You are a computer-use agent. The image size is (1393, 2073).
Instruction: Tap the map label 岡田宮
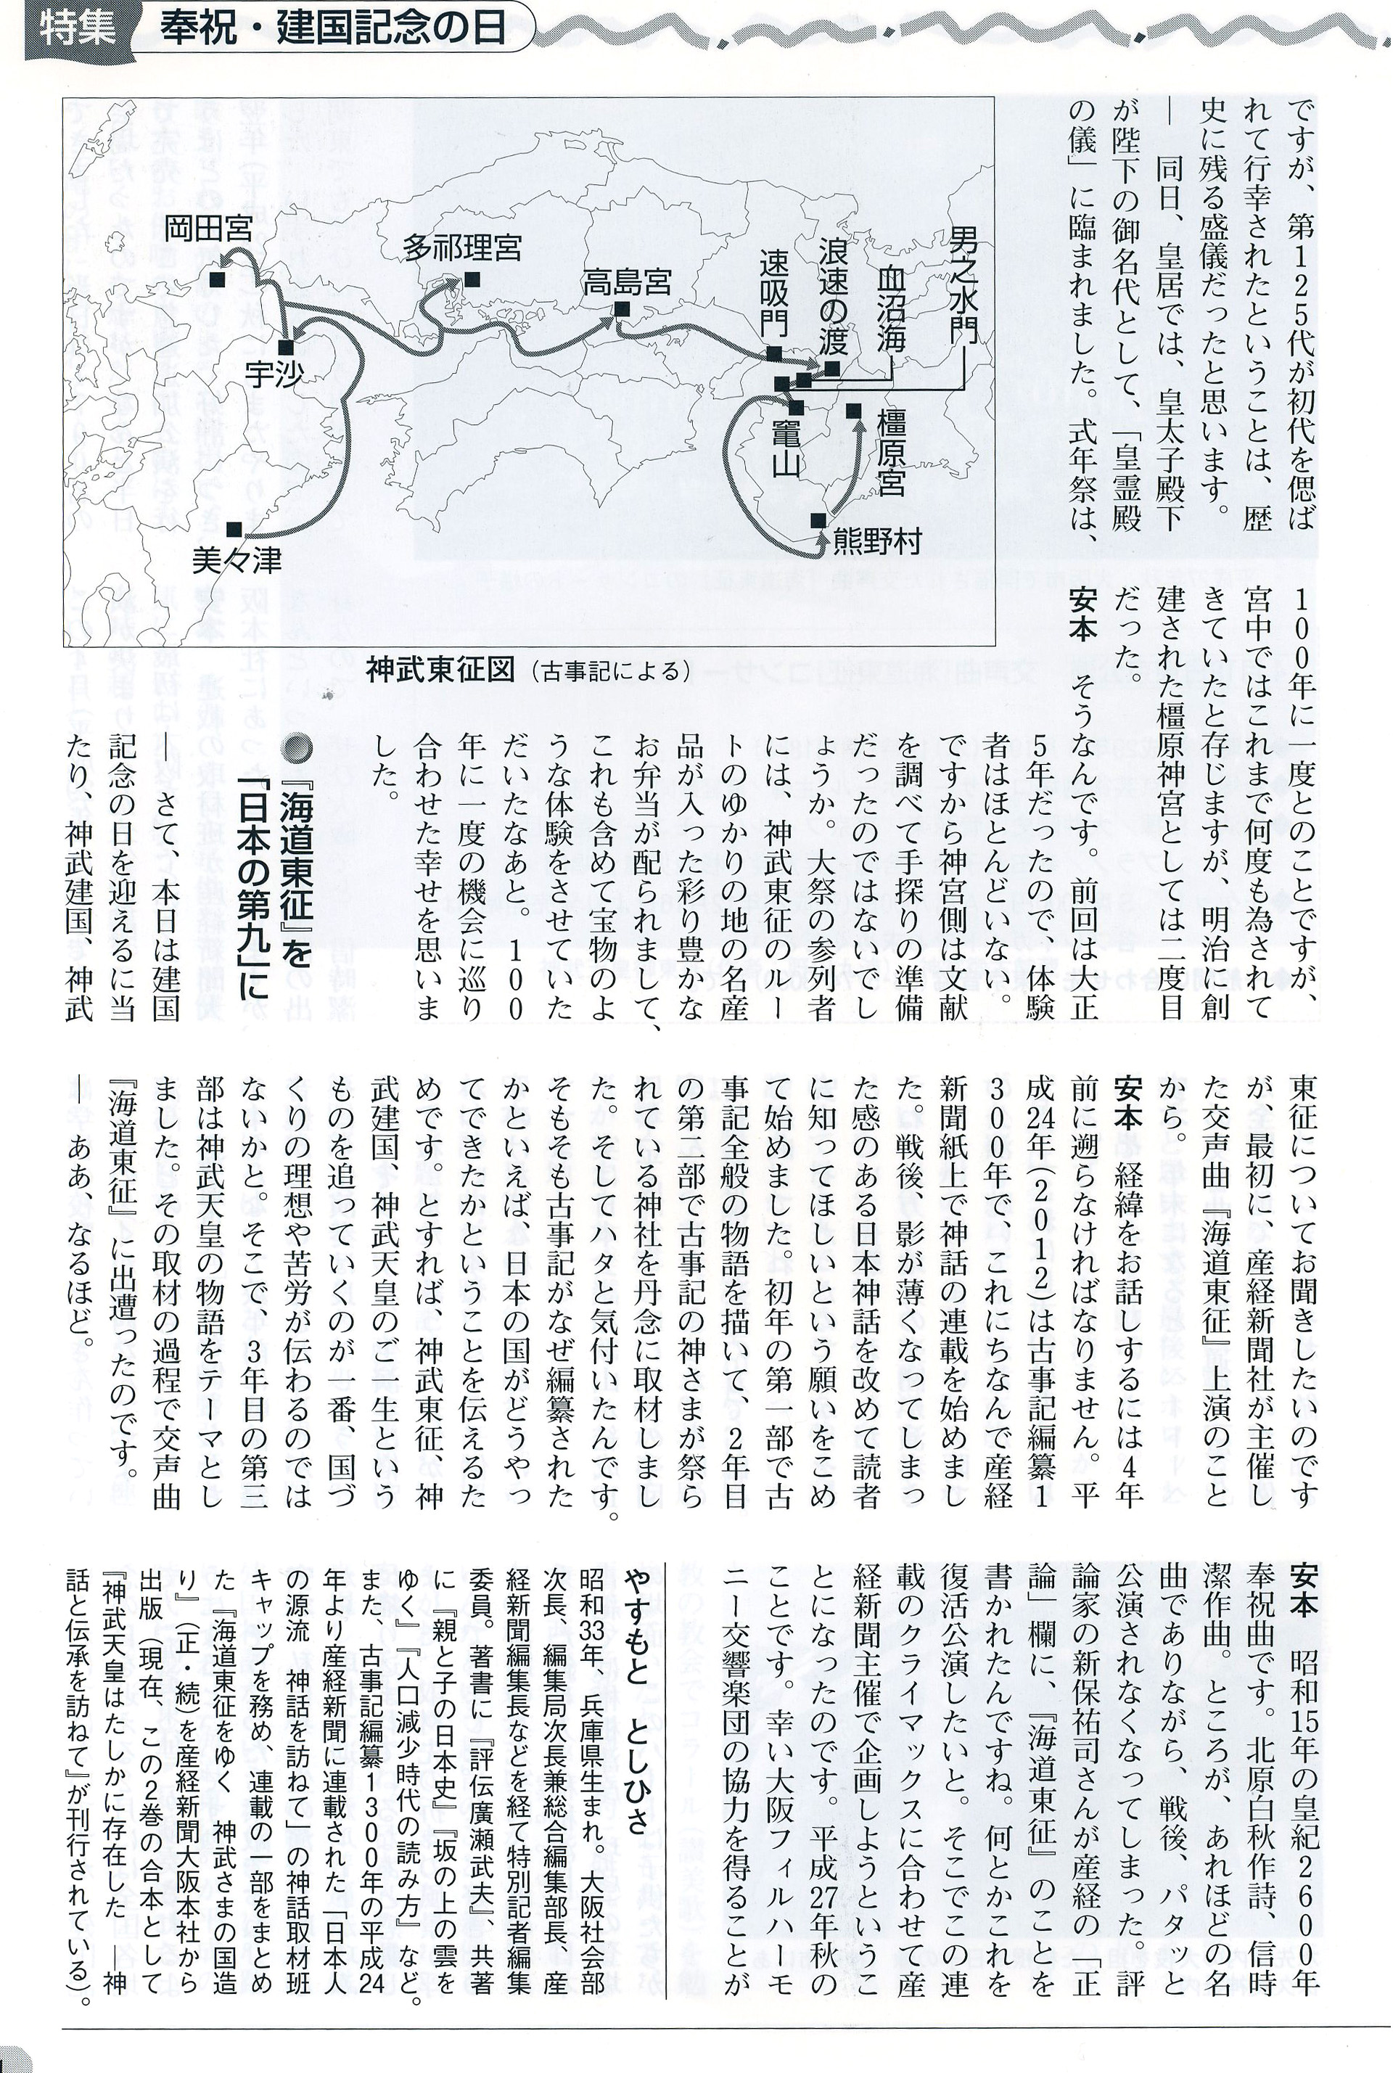point(209,229)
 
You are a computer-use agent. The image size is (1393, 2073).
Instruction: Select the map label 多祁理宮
point(462,246)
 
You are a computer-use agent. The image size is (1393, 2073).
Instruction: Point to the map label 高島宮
point(626,282)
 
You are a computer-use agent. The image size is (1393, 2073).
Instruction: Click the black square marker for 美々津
point(233,529)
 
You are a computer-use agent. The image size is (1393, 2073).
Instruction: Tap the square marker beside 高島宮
point(622,308)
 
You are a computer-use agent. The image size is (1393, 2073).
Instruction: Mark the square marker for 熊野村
point(818,520)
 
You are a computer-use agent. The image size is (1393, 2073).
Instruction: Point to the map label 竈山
point(785,448)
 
